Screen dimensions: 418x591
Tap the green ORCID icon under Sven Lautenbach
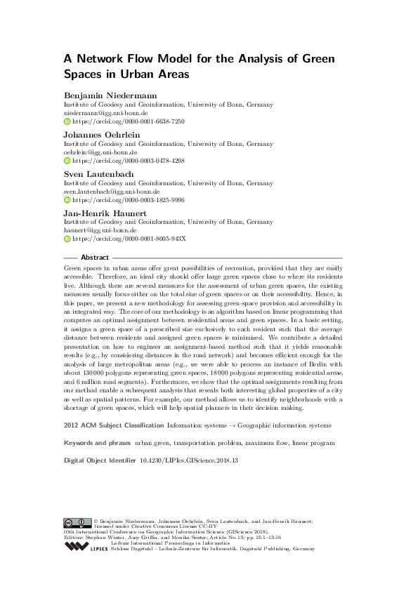67,199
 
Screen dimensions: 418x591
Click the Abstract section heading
96,258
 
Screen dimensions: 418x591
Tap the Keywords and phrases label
97,444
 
